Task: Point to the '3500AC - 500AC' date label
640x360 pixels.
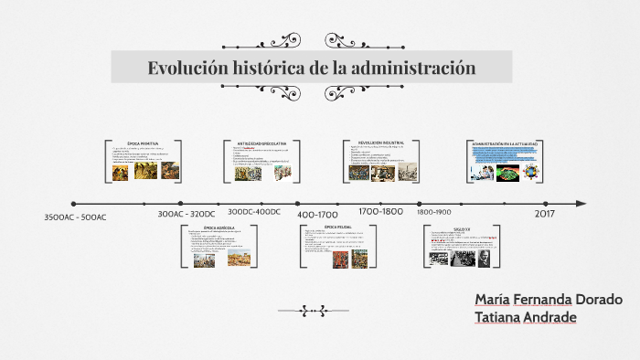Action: point(75,217)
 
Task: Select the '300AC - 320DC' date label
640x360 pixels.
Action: point(187,213)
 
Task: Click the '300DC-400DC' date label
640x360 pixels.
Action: point(254,212)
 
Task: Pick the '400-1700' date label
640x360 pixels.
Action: point(318,214)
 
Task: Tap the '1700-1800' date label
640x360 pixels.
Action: point(380,211)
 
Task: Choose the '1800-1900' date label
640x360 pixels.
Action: point(434,212)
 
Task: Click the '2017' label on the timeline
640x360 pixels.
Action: point(545,212)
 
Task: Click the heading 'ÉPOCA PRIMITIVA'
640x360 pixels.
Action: point(143,143)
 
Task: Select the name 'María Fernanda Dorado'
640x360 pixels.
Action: point(548,300)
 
